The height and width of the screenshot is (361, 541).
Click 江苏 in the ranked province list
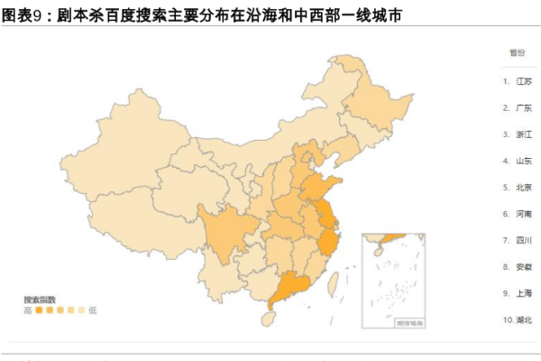tap(523, 81)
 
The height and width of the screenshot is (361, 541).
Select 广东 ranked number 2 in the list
tap(523, 108)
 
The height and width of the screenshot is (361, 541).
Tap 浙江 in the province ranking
tap(523, 134)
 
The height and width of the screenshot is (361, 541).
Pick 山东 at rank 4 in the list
tap(523, 162)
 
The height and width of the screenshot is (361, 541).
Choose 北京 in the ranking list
tap(523, 188)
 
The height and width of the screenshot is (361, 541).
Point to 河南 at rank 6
tap(523, 215)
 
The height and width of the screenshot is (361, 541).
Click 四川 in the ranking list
tap(523, 241)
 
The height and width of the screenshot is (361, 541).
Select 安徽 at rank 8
tap(523, 267)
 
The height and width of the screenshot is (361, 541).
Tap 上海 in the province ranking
tap(523, 293)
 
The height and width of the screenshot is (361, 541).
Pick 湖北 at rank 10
tap(523, 320)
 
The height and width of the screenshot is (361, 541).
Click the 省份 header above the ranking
tap(517, 53)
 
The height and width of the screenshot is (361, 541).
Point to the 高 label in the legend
tap(28, 310)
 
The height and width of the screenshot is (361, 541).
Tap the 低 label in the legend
tap(93, 310)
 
